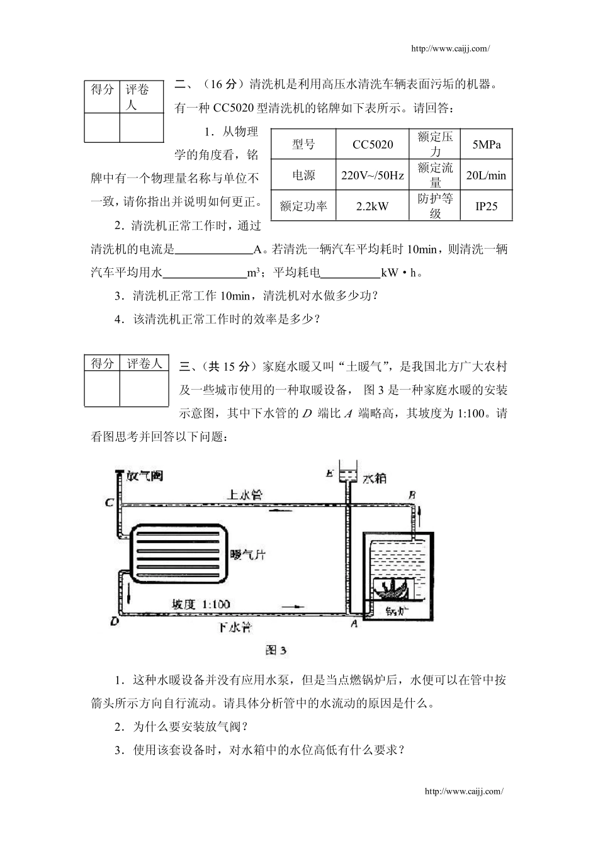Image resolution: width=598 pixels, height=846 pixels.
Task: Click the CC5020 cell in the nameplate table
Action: (x=373, y=145)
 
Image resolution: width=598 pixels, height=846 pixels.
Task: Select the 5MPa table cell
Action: (x=487, y=145)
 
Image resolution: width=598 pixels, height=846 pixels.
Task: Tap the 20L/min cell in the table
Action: (x=486, y=176)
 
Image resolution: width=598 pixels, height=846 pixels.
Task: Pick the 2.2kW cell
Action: (x=373, y=206)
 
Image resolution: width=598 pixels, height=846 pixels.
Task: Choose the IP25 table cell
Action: (x=486, y=206)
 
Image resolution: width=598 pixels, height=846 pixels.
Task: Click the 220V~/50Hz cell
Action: (x=373, y=176)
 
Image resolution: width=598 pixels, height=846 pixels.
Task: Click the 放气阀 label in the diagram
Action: (x=144, y=476)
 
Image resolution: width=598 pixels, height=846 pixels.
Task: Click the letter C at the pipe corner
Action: (x=109, y=503)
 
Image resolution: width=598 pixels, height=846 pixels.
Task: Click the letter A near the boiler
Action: (x=354, y=623)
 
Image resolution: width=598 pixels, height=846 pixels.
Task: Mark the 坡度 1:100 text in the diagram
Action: (x=202, y=604)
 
